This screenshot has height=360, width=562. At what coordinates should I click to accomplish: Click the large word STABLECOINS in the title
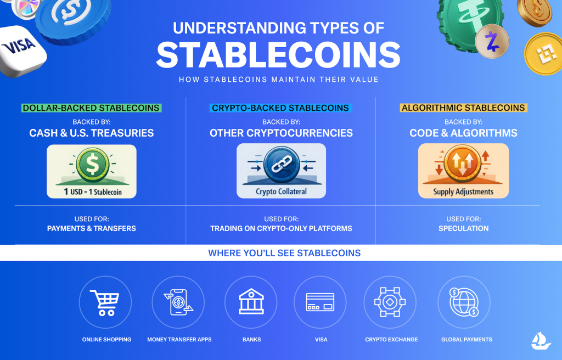[x=278, y=55]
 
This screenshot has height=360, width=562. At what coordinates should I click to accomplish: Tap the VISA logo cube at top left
[x=21, y=47]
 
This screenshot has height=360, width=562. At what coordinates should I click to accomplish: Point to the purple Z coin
[x=492, y=42]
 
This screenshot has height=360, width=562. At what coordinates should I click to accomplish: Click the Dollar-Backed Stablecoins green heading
[x=91, y=108]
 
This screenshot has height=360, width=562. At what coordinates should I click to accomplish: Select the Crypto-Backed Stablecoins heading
[x=280, y=108]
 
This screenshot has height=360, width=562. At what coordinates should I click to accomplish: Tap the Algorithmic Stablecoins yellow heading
[x=463, y=108]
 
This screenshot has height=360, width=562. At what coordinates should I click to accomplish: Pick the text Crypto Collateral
[x=281, y=192]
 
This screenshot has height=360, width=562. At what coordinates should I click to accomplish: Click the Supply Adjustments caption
[x=463, y=192]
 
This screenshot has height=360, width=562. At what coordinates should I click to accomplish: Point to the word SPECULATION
[x=463, y=228]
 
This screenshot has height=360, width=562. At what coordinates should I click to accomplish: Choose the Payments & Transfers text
[x=91, y=228]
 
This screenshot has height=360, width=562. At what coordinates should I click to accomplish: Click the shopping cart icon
[x=105, y=302]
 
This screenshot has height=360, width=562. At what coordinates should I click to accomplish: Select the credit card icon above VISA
[x=321, y=302]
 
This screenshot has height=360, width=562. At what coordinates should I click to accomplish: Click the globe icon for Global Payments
[x=464, y=302]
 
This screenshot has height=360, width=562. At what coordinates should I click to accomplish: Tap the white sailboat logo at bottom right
[x=541, y=341]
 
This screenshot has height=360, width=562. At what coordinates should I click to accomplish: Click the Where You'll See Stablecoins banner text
[x=284, y=254]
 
